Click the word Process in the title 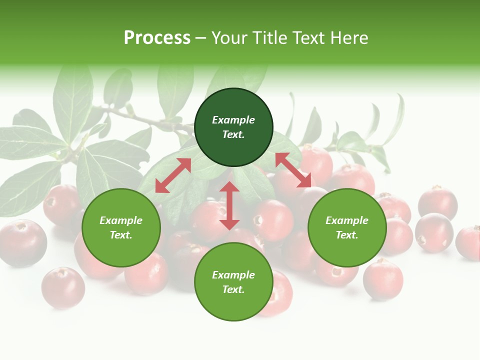click(157, 38)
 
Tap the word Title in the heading click(272, 38)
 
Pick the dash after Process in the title click(200, 38)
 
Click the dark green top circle click(233, 127)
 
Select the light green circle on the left click(121, 228)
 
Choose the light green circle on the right click(347, 228)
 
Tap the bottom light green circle click(233, 282)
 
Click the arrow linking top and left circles click(173, 175)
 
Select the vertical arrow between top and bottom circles click(229, 205)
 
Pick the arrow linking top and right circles click(293, 170)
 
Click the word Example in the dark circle click(233, 120)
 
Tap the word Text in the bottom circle click(233, 289)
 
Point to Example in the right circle click(347, 220)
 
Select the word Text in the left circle click(121, 235)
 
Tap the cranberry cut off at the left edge click(20, 242)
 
